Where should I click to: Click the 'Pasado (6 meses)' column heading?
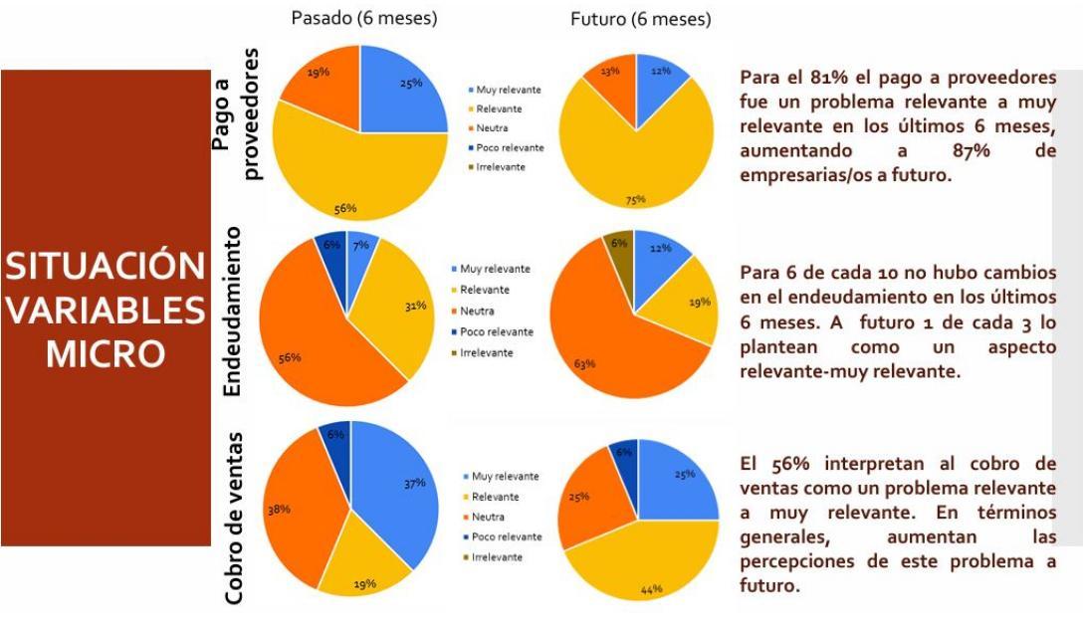[x=362, y=18]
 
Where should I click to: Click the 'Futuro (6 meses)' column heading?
[x=639, y=20]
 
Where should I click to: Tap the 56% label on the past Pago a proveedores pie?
[x=344, y=208]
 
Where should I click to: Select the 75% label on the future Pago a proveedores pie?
[x=635, y=200]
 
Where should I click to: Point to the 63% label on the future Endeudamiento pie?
[x=584, y=363]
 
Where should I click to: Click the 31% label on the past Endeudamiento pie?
[x=415, y=306]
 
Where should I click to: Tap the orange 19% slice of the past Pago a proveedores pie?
[x=319, y=79]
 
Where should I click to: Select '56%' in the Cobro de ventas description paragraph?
[x=789, y=464]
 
